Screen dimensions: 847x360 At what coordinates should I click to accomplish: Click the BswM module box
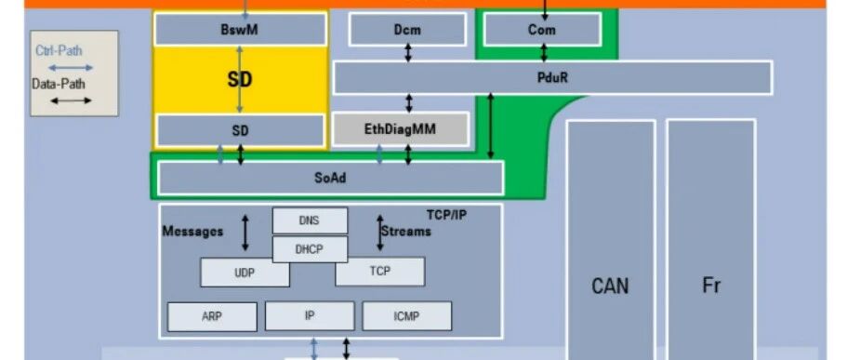241,29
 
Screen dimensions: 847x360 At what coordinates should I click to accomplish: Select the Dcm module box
407,29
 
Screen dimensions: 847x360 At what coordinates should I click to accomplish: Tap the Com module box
542,29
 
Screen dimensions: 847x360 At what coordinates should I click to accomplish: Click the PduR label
552,77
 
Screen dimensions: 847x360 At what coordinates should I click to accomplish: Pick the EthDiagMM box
401,129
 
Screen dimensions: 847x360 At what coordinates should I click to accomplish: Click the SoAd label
330,178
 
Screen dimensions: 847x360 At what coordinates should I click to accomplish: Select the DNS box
310,220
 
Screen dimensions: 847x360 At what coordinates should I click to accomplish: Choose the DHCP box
310,249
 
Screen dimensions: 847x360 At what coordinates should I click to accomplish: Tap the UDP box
245,273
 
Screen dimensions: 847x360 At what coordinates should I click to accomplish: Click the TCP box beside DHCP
379,272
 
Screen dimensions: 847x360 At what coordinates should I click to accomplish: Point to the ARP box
212,316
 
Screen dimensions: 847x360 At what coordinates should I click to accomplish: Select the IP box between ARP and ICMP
310,315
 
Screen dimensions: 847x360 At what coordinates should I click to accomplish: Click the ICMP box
406,315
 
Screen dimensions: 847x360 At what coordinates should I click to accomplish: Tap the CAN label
611,286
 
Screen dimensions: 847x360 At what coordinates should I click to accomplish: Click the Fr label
711,285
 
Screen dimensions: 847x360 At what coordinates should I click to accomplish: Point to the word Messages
192,232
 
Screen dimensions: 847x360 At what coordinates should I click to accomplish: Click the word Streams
406,232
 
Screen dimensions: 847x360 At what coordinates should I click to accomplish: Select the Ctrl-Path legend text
59,51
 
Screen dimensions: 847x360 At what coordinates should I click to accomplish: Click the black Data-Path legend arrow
71,100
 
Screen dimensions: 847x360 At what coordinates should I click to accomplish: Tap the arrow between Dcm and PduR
408,52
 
